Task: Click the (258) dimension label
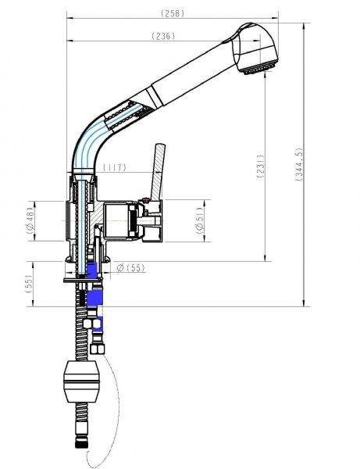point(173,13)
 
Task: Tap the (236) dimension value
point(163,36)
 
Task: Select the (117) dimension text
point(115,167)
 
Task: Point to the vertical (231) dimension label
point(261,166)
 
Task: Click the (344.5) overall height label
point(299,164)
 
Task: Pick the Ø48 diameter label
point(30,220)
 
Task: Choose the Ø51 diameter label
point(200,220)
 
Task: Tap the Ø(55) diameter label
point(131,267)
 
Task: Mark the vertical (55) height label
point(29,284)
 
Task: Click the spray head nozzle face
point(258,69)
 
